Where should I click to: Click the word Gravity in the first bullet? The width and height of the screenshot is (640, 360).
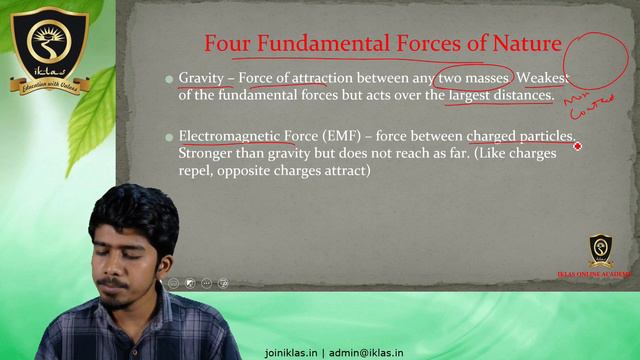click(x=201, y=78)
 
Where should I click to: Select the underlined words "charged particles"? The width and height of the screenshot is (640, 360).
click(x=520, y=136)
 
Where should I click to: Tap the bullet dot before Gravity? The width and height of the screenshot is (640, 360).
click(x=169, y=79)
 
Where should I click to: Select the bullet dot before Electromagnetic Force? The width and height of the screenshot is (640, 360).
click(x=169, y=137)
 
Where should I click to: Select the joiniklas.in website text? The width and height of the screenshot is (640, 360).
click(x=290, y=353)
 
